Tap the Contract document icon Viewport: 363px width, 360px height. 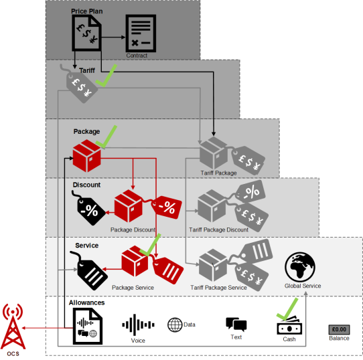pos(141,33)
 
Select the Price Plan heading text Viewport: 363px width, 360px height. pos(87,11)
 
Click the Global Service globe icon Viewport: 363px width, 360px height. pos(300,267)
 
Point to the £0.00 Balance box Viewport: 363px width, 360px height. pos(339,329)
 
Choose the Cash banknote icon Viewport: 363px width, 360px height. pos(289,325)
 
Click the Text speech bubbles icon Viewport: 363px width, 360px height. pos(236,324)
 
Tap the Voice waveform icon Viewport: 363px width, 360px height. pos(138,325)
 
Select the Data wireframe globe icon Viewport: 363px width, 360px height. pos(175,325)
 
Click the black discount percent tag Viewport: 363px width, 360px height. pos(89,208)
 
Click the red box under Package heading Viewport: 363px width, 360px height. pos(87,156)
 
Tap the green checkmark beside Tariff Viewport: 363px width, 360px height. pos(106,76)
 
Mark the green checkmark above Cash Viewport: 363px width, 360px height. pos(287,309)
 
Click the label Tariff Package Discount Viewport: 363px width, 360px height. pos(218,230)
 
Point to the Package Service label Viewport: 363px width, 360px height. pos(133,287)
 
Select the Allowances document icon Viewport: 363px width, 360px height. pos(88,326)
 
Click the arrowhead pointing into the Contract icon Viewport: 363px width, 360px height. pos(123,37)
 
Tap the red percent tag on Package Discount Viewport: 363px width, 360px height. pos(167,207)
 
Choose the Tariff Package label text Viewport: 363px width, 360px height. pos(218,173)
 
